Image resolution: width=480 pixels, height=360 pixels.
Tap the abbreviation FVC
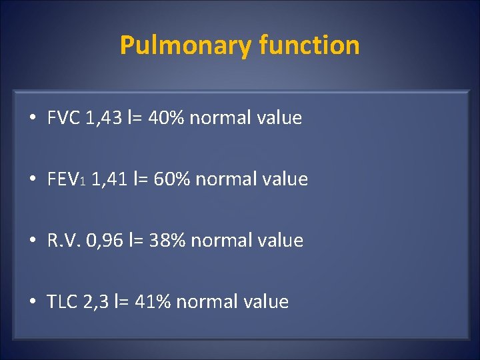[x=64, y=119]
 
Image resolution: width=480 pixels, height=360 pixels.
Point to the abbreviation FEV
[x=62, y=179]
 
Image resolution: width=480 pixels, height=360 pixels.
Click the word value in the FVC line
[x=279, y=119]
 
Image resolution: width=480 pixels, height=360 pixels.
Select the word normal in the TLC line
[x=207, y=302]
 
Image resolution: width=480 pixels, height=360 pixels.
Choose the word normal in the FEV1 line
[x=227, y=179]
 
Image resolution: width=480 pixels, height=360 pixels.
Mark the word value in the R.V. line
[x=280, y=241]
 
